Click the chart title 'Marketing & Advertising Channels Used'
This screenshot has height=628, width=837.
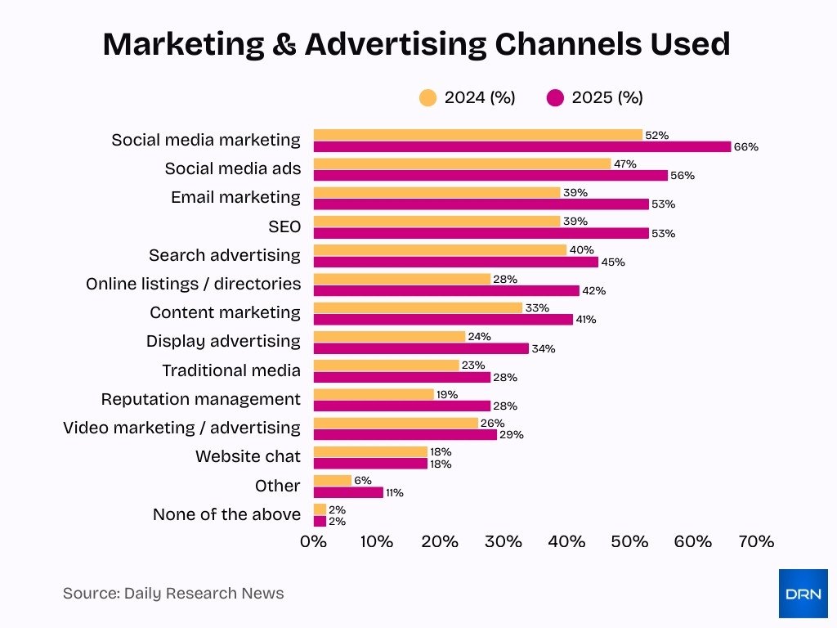(416, 45)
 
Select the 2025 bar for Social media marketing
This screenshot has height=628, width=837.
(521, 147)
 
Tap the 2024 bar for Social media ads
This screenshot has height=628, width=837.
(462, 164)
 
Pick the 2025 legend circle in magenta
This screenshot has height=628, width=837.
(555, 98)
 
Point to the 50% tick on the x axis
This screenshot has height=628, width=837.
(629, 541)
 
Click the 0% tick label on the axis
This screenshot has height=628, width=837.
(313, 541)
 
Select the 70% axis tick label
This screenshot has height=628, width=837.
(756, 541)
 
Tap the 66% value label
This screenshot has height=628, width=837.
(745, 147)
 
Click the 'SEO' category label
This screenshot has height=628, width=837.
(284, 227)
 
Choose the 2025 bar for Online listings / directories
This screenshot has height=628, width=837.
(446, 290)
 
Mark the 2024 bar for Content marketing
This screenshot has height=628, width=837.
(418, 307)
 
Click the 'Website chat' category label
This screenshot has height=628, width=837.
(248, 456)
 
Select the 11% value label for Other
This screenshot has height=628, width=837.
(394, 493)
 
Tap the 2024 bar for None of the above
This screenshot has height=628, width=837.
(320, 509)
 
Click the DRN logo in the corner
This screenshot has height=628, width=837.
(803, 594)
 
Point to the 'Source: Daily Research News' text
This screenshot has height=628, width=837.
(173, 594)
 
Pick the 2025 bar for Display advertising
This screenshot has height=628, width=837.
(421, 348)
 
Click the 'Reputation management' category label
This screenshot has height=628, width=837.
(200, 399)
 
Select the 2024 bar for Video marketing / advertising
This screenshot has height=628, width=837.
(396, 423)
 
